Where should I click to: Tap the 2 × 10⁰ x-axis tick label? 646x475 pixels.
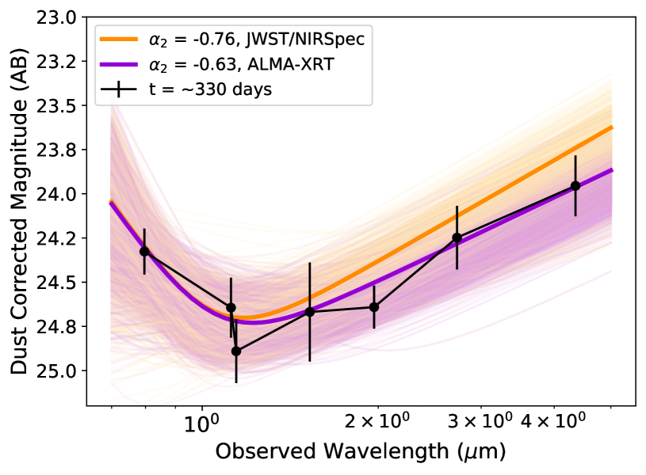pos(379,422)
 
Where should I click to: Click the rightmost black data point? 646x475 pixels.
pos(575,186)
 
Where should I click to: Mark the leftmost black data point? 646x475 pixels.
pos(144,251)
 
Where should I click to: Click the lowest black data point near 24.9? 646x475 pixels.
pos(235,351)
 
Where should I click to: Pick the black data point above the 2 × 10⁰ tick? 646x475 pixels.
pos(374,306)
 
